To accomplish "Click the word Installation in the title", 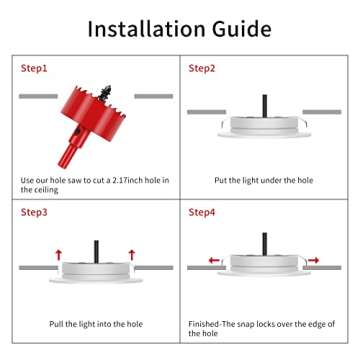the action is point(147,29).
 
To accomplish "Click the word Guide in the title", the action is point(242,29).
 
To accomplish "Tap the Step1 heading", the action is point(34,69).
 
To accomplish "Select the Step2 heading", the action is point(202,69).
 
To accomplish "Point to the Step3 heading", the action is point(34,212).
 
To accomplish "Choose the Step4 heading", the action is point(202,212).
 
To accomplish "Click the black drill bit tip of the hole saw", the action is point(105,93).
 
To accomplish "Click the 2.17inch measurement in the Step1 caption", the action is point(133,181).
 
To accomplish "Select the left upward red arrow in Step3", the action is point(59,255).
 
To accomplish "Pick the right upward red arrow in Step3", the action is point(132,255).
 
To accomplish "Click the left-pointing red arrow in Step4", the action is point(214,260).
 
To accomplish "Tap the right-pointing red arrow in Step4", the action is point(313,260).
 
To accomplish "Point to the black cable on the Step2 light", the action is point(265,106).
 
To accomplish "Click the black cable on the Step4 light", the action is point(265,244).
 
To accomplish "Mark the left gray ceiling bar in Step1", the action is point(38,96).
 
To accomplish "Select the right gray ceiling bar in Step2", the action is point(322,112).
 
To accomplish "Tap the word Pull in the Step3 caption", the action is point(56,324).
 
